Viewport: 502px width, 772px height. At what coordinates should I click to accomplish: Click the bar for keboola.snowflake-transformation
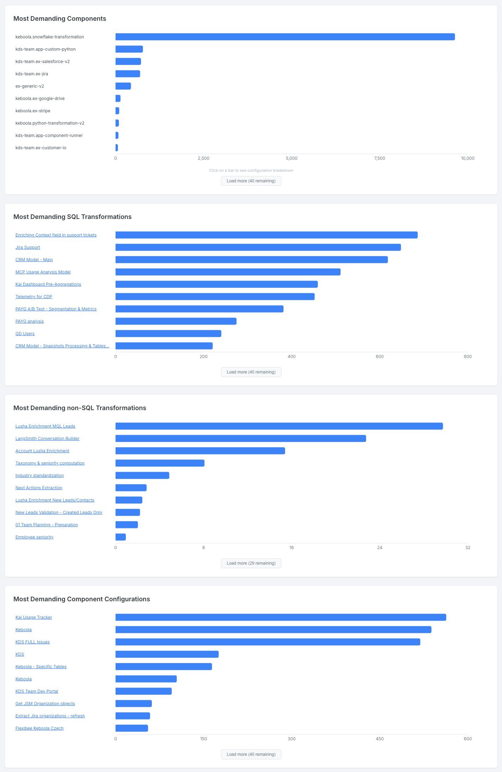point(285,37)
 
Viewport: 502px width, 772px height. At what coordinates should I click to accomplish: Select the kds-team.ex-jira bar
point(128,74)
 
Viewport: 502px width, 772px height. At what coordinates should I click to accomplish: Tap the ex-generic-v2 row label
point(30,86)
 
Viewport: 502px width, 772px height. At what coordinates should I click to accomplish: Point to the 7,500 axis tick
point(379,158)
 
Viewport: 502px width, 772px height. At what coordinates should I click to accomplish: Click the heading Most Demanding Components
point(60,19)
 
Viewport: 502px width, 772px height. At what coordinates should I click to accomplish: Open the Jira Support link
point(28,247)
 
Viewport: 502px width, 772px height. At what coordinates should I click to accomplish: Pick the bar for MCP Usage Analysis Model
point(228,272)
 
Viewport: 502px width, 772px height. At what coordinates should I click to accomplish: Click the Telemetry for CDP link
point(34,297)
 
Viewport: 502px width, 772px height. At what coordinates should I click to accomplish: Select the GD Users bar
point(168,334)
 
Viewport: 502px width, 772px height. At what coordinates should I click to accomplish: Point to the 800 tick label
point(467,357)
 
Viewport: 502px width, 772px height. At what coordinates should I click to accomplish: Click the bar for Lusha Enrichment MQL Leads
point(279,426)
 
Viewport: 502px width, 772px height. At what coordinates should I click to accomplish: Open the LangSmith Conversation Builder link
point(48,439)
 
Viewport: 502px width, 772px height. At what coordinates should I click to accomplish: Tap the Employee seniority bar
point(120,537)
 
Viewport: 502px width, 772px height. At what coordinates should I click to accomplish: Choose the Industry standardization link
point(39,476)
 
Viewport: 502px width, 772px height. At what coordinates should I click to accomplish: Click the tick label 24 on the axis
point(379,548)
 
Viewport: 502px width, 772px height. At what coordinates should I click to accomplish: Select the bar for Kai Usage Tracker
point(281,617)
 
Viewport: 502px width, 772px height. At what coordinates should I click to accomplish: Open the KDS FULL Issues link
point(32,642)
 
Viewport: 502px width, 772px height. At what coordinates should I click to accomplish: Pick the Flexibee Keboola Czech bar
point(132,728)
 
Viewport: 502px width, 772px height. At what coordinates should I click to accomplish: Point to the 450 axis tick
point(379,739)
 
